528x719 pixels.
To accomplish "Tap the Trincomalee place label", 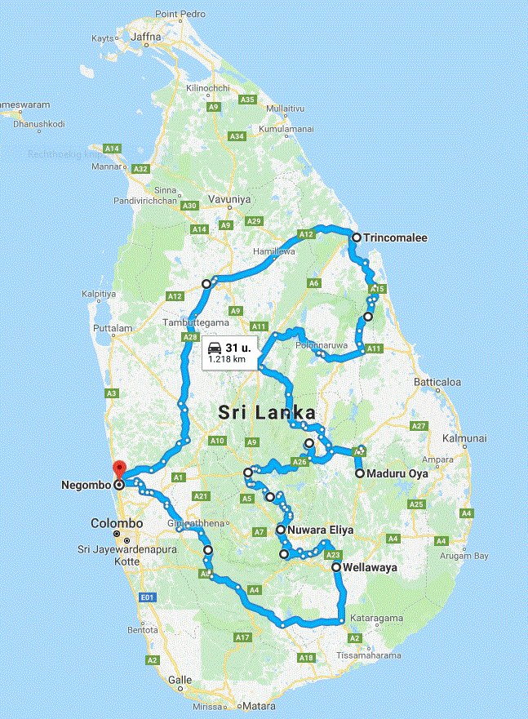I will point(396,237).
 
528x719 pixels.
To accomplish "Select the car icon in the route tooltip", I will point(215,346).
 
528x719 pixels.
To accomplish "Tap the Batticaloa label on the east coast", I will point(438,381).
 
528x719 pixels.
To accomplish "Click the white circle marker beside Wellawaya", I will point(335,566).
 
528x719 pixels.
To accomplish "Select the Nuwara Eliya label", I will point(319,530).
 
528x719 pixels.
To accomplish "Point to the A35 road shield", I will point(248,99).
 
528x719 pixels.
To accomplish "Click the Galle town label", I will point(180,679).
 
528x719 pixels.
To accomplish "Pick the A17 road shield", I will point(242,637).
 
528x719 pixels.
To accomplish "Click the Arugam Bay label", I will point(464,555).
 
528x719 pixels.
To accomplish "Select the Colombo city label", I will point(117,523).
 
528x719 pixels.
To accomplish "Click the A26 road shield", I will point(299,463).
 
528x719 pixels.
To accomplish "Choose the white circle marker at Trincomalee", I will point(356,237).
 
